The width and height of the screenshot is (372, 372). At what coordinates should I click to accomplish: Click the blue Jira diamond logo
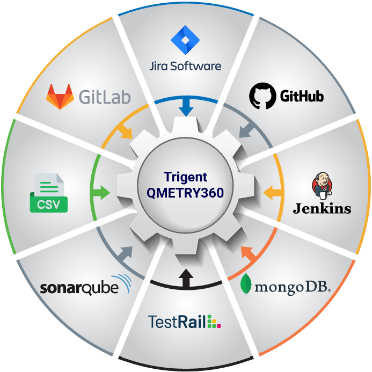coord(185,40)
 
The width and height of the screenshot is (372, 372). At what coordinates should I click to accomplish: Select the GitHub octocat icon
coord(262,96)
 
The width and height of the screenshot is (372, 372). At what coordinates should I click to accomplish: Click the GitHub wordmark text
coord(302,96)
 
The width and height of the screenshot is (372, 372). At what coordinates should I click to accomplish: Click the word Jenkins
coord(322,209)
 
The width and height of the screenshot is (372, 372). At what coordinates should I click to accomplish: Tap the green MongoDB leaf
coord(246,285)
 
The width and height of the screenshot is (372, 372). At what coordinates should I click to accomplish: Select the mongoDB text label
coord(293,288)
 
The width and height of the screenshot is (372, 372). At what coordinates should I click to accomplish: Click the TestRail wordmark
coord(177,322)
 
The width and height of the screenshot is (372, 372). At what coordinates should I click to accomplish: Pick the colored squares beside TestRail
coord(214,322)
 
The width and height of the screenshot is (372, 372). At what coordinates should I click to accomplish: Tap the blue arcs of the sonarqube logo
coord(122,283)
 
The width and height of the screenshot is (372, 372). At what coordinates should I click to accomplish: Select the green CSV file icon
coord(49,193)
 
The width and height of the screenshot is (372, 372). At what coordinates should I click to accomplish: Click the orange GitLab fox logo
coord(60,97)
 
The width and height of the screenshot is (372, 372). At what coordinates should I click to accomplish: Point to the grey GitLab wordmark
coord(105,97)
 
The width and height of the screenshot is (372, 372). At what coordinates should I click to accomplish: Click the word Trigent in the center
coord(185,177)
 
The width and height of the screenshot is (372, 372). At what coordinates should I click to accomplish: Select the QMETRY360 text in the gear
coord(185,193)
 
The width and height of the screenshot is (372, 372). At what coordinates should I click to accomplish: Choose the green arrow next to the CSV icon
coord(101,192)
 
